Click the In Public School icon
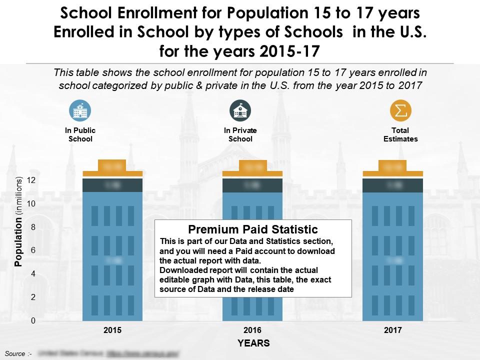click(x=80, y=110)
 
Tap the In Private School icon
click(x=240, y=110)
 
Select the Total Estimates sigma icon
click(x=400, y=110)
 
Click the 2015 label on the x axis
click(x=112, y=330)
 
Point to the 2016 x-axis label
click(x=252, y=330)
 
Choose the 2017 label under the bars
click(x=392, y=330)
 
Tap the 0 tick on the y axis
click(x=33, y=321)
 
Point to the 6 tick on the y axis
click(x=33, y=250)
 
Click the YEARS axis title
click(x=253, y=343)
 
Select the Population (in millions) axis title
click(x=19, y=221)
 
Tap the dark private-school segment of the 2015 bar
click(x=112, y=185)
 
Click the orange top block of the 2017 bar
click(x=392, y=166)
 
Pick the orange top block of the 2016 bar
click(x=252, y=166)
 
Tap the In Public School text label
click(x=80, y=134)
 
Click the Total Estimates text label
click(x=400, y=134)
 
